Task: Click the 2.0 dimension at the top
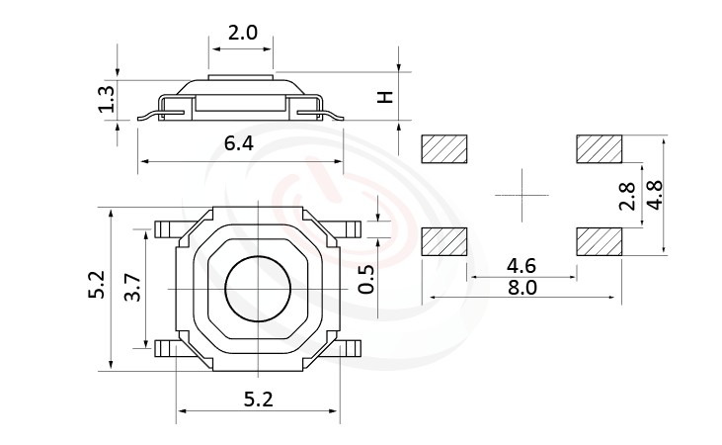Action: click(x=242, y=32)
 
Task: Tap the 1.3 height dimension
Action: click(x=107, y=98)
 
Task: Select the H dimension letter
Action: click(x=386, y=97)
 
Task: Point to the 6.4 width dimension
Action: click(x=239, y=143)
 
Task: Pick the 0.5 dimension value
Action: click(x=366, y=280)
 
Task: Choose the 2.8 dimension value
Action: click(x=626, y=197)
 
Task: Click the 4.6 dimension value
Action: click(x=521, y=265)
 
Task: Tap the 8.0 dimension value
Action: click(x=521, y=288)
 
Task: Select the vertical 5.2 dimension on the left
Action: click(x=95, y=286)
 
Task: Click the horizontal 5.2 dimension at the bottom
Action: click(x=258, y=400)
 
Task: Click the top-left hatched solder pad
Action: click(x=444, y=149)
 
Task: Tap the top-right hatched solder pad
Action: click(x=599, y=149)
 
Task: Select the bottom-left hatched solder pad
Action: click(x=444, y=241)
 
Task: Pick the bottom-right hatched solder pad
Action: click(x=599, y=241)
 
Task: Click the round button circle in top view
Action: click(x=257, y=288)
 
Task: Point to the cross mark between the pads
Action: click(x=521, y=195)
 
